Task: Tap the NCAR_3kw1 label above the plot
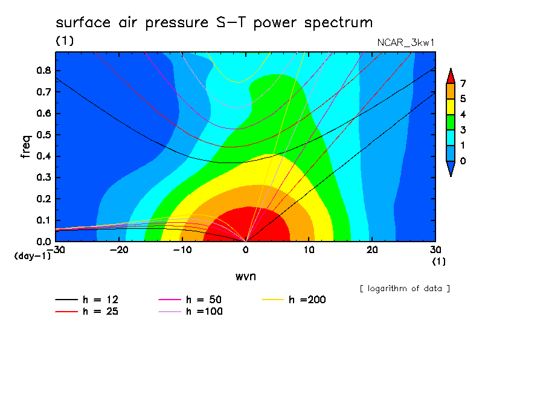click(406, 43)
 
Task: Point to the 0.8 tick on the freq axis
click(43, 70)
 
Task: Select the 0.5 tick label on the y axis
click(43, 135)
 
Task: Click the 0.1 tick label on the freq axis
click(43, 220)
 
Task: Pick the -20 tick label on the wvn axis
click(119, 250)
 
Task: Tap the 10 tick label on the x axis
click(309, 250)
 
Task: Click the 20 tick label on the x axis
click(372, 250)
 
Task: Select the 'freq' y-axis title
click(26, 147)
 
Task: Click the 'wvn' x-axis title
click(246, 277)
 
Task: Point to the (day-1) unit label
click(32, 256)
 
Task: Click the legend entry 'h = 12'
click(87, 300)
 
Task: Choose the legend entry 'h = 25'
click(87, 312)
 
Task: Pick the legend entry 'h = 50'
click(190, 300)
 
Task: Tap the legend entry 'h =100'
click(190, 312)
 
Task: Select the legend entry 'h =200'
click(294, 300)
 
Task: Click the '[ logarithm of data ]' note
click(405, 289)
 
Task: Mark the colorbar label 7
click(463, 83)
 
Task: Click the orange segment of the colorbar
click(451, 91)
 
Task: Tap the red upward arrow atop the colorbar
click(451, 77)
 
